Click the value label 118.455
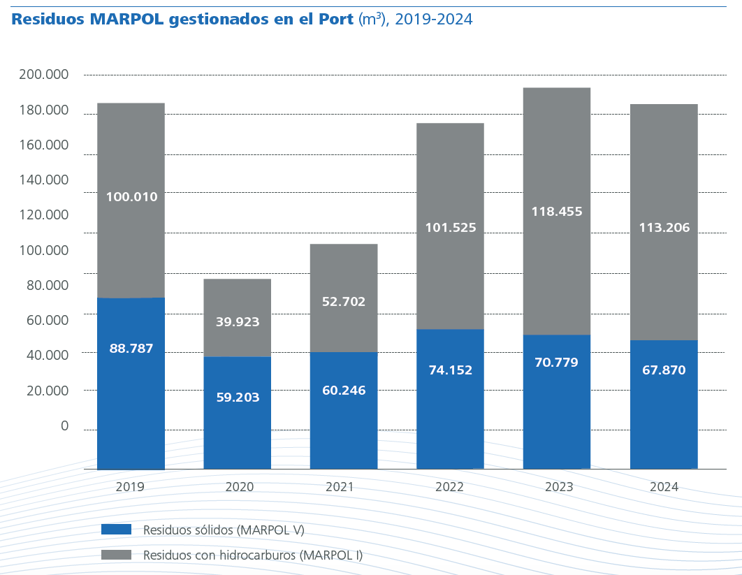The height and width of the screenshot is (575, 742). tap(557, 211)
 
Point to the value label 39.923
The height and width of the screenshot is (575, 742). tap(237, 322)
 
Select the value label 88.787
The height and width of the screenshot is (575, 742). tap(131, 348)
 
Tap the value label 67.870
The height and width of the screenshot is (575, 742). tap(664, 370)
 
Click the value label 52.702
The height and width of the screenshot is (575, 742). tap(344, 302)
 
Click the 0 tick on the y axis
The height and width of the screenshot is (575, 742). tap(64, 425)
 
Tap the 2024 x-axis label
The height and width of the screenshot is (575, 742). tap(664, 487)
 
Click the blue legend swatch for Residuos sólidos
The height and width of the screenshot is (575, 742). tap(116, 530)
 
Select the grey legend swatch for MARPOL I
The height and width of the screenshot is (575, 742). tap(116, 555)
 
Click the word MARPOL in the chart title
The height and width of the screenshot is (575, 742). tap(125, 20)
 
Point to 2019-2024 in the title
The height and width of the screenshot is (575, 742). tap(433, 20)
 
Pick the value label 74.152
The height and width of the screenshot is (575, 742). tap(450, 370)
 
